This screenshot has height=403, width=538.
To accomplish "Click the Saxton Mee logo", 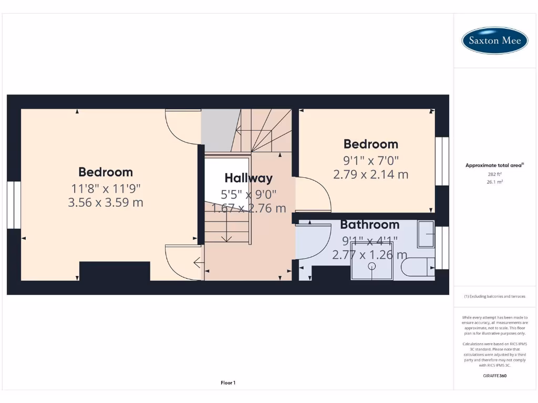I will (x=494, y=40).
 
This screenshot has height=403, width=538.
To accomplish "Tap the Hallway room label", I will (x=249, y=178).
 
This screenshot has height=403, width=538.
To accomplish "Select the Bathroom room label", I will (x=369, y=225).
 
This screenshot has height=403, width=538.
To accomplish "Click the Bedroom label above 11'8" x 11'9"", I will (x=106, y=172).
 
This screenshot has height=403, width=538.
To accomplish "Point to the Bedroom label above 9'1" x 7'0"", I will (x=370, y=144).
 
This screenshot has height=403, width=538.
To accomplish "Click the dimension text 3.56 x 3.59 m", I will (x=106, y=202).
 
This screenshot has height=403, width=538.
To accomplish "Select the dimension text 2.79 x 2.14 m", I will (x=370, y=174).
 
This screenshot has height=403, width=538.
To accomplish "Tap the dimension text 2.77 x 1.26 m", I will (x=369, y=255).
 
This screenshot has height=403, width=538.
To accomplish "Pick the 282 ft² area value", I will (x=494, y=174).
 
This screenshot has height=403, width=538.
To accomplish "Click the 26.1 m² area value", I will (x=494, y=182).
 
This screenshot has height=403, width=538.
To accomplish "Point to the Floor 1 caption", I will (x=227, y=383).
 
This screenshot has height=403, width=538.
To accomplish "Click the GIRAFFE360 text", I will (x=494, y=376).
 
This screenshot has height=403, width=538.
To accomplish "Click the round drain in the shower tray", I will (x=372, y=267).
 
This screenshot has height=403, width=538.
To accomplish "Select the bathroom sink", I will (x=426, y=234).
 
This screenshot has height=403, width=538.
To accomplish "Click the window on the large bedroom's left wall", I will (x=14, y=205).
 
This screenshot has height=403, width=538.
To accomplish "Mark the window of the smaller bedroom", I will (x=442, y=161).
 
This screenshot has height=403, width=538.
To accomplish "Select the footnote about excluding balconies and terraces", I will (x=494, y=296).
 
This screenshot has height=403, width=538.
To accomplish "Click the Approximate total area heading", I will (x=494, y=165).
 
